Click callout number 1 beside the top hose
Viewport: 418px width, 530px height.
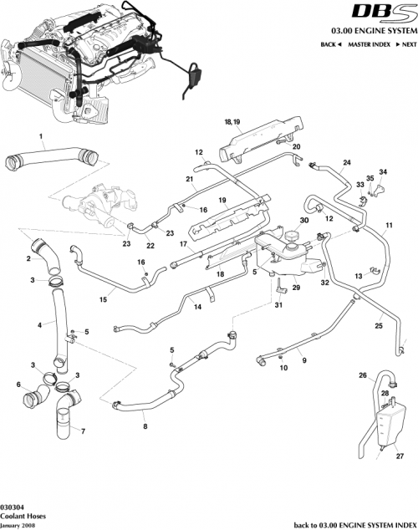tap(39, 135)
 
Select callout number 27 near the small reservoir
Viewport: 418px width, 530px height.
tap(399, 456)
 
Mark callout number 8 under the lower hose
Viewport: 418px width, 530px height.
tap(145, 426)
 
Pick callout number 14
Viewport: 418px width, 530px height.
tap(198, 308)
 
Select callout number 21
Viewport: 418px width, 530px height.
tap(190, 180)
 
